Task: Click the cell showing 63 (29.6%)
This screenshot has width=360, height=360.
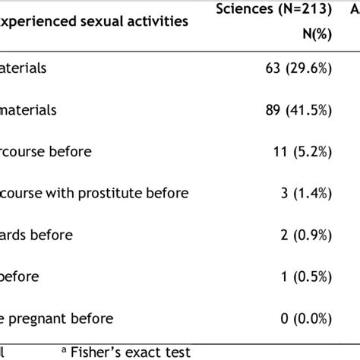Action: click(x=292, y=68)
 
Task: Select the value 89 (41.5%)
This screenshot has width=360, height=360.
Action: click(x=292, y=110)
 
